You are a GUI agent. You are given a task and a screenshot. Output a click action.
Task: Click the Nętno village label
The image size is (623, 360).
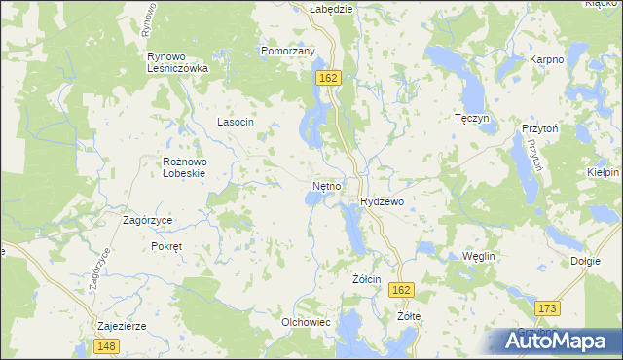326,184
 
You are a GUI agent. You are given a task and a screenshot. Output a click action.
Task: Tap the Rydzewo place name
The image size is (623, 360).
382,201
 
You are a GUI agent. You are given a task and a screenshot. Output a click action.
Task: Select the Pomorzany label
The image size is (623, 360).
287,51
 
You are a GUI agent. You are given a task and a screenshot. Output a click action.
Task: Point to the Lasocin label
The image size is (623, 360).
235,122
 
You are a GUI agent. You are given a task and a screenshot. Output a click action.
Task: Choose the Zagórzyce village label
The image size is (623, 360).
147,220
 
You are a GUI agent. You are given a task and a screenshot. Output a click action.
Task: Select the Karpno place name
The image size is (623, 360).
546,60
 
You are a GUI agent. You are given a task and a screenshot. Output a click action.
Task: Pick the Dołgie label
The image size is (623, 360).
585,261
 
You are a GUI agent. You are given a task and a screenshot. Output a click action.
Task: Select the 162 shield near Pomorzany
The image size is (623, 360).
327,76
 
